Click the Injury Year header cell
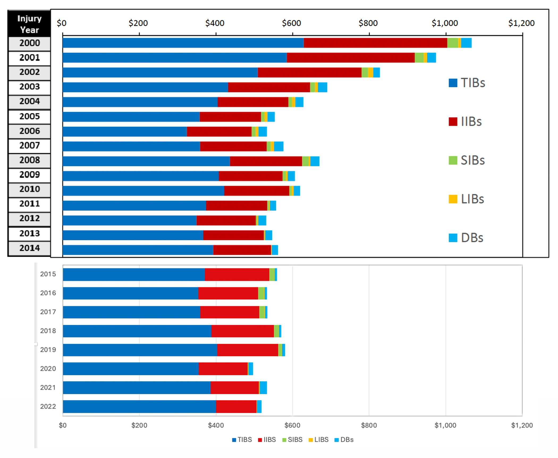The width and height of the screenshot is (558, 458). click(x=29, y=24)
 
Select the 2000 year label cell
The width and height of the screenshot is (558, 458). click(x=29, y=43)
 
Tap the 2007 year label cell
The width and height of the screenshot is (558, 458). click(x=29, y=146)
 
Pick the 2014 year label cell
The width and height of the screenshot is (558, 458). click(x=29, y=248)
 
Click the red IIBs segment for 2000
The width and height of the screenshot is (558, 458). click(x=375, y=43)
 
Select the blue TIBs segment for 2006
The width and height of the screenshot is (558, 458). click(x=125, y=132)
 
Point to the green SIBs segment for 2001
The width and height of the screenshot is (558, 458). click(x=419, y=58)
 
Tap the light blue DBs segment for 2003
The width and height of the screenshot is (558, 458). click(x=322, y=87)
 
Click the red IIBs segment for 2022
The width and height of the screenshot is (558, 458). click(x=236, y=406)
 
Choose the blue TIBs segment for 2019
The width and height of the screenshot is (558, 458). click(x=140, y=350)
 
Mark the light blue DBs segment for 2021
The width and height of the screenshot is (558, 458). click(x=263, y=388)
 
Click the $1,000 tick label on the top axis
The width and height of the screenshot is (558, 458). click(x=445, y=23)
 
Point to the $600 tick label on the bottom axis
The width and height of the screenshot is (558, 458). click(x=292, y=425)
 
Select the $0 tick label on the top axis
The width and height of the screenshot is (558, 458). click(x=62, y=23)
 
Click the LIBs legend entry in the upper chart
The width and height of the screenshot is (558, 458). click(x=467, y=199)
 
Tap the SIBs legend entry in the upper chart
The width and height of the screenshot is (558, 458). click(x=467, y=160)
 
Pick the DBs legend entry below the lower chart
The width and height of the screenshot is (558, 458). click(x=344, y=440)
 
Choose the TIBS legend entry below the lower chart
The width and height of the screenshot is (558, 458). click(x=242, y=440)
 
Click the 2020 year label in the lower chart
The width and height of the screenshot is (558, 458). click(x=48, y=369)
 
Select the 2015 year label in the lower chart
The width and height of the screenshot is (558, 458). click(x=48, y=274)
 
